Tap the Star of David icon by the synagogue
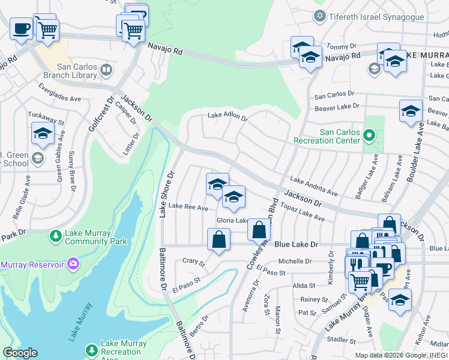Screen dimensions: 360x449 pos(320,15)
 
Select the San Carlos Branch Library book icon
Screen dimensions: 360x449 pos(106,71)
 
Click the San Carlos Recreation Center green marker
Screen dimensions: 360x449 pos(369,136)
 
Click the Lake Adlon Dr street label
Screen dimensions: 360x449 pos(228,117)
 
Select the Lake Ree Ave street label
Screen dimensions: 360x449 pos(188,207)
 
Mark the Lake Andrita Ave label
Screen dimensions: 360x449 pos(314,185)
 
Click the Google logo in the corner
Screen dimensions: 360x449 pos(20,353)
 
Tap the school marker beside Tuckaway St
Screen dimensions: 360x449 pos(43,134)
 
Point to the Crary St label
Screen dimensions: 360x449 pos(193,262)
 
